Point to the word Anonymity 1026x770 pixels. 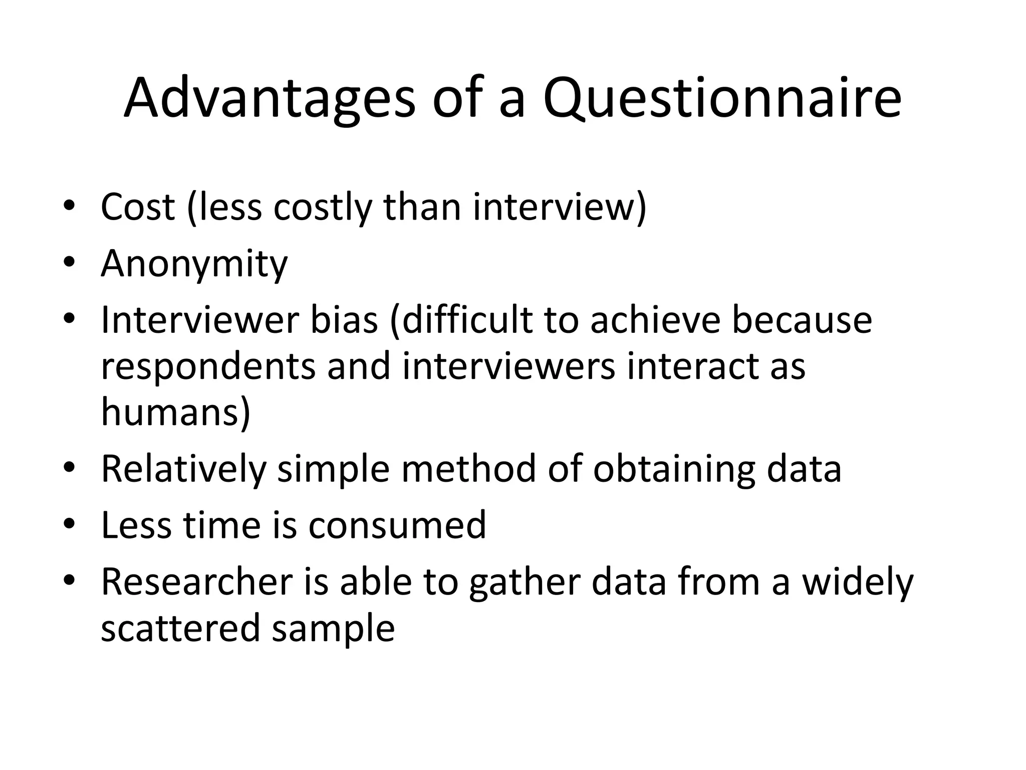194,263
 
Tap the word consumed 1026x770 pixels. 397,525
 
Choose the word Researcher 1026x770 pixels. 196,582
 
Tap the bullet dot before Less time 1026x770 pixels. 69,524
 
